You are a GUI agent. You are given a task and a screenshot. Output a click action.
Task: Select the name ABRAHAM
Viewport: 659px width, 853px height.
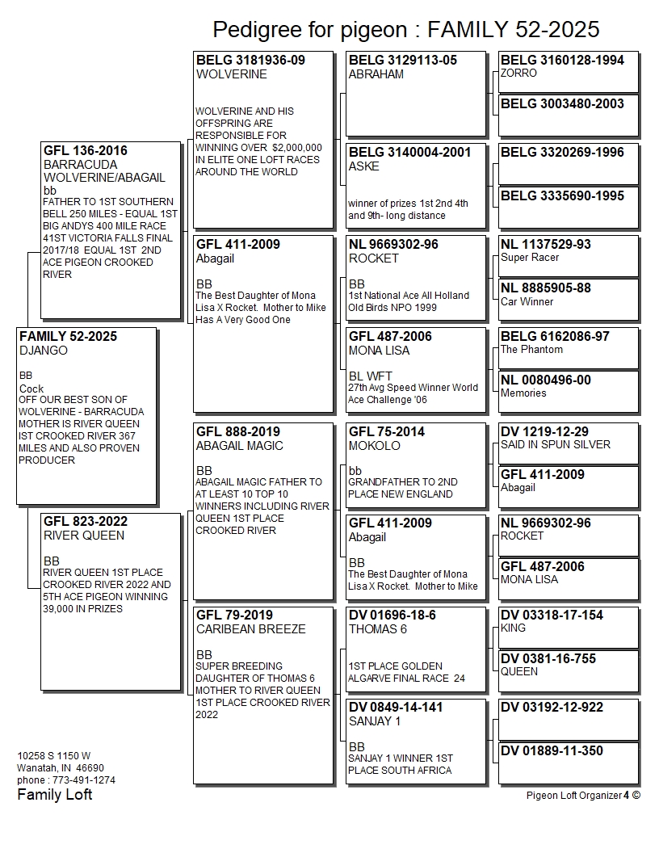pyautogui.click(x=376, y=74)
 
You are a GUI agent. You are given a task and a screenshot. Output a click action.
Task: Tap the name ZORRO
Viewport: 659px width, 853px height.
pyautogui.click(x=518, y=73)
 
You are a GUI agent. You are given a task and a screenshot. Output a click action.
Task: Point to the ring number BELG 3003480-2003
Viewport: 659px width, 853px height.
pyautogui.click(x=562, y=103)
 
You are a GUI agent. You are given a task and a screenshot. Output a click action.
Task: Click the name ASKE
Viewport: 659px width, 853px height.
pyautogui.click(x=363, y=166)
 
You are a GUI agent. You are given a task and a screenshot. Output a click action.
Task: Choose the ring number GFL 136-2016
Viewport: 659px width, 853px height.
pyautogui.click(x=86, y=150)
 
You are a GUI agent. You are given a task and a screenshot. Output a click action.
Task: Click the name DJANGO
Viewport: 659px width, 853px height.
pyautogui.click(x=44, y=351)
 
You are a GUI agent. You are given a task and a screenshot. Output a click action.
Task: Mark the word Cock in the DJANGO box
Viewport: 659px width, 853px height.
pyautogui.click(x=31, y=389)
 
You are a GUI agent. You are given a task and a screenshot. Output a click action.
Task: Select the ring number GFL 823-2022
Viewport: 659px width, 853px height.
pyautogui.click(x=86, y=521)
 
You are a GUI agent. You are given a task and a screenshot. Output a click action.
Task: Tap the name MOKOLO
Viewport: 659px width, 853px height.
pyautogui.click(x=374, y=446)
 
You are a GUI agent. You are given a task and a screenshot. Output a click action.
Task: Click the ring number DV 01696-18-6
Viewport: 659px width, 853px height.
pyautogui.click(x=392, y=615)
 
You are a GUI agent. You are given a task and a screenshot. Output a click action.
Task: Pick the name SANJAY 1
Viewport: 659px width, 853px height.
pyautogui.click(x=376, y=721)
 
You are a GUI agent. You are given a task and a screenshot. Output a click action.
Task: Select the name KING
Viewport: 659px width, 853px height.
pyautogui.click(x=513, y=628)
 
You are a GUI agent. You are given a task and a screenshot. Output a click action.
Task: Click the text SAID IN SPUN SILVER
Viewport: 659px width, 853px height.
pyautogui.click(x=556, y=444)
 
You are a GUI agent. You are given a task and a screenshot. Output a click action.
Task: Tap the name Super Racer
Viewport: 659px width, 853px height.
pyautogui.click(x=530, y=258)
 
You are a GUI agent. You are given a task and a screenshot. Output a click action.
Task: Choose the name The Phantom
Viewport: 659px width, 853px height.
pyautogui.click(x=531, y=350)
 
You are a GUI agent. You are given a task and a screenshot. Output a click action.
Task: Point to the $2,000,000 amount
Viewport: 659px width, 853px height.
pyautogui.click(x=297, y=148)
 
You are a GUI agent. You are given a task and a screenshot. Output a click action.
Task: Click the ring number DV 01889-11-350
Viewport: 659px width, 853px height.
pyautogui.click(x=552, y=750)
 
